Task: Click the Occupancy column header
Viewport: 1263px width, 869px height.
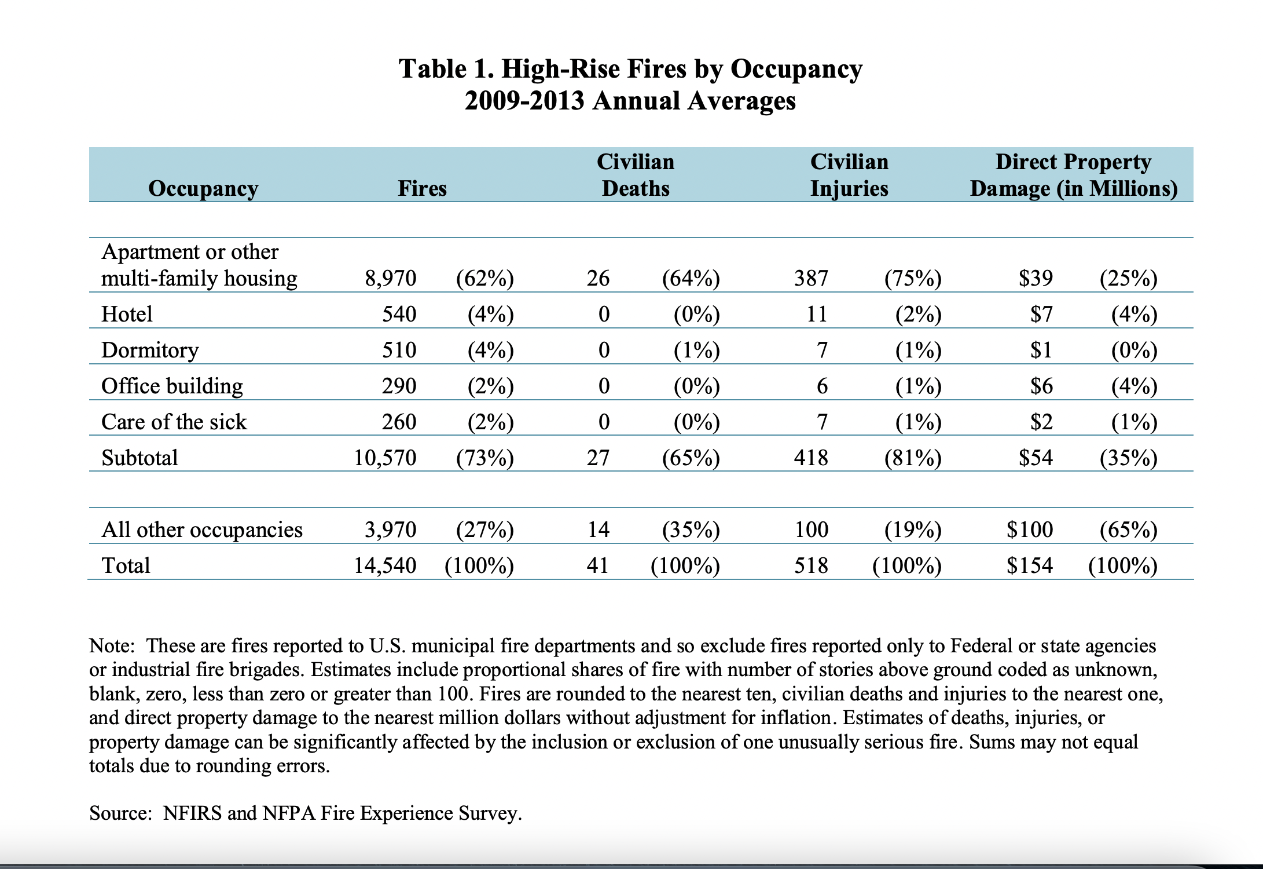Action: [203, 188]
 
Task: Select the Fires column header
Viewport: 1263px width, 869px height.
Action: [422, 188]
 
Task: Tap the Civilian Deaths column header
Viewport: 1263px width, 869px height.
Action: [636, 175]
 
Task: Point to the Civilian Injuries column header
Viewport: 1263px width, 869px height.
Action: [849, 175]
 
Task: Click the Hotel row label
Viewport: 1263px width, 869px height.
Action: [127, 314]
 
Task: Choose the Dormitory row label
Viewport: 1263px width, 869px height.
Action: [150, 350]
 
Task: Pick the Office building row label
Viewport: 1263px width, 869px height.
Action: [172, 386]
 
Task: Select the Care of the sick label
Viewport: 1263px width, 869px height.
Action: [174, 422]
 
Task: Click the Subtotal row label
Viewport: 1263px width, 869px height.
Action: [139, 458]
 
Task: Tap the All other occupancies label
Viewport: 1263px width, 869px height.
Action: [201, 530]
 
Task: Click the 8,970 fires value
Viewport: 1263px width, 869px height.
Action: [391, 279]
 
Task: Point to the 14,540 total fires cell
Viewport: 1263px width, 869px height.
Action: [385, 565]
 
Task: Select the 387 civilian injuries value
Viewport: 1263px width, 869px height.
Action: [811, 279]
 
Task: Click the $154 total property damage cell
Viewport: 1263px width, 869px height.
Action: [1030, 565]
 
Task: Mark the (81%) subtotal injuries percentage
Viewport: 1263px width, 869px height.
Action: [913, 458]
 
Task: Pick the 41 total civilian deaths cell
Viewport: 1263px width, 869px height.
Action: [598, 565]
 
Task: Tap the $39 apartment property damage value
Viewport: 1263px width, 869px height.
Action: [1036, 279]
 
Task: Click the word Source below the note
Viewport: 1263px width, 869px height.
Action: [120, 813]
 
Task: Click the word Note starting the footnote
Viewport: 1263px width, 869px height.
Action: [112, 645]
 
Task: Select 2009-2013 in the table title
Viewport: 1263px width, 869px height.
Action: [524, 101]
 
